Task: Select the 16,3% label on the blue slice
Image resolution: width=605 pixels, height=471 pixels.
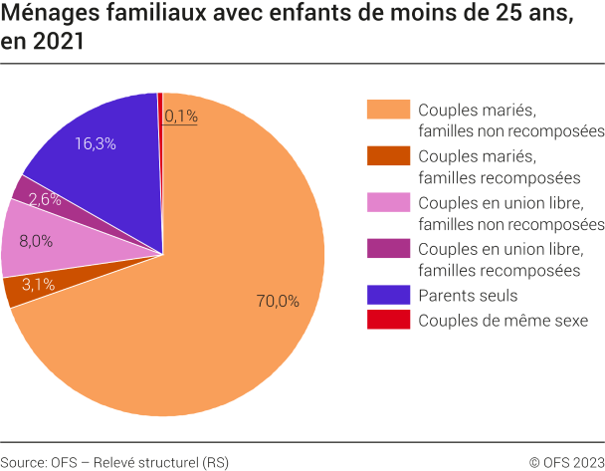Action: tap(96, 143)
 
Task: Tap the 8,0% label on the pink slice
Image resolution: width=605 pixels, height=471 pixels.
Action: tap(36, 240)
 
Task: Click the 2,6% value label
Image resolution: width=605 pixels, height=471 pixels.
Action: tap(45, 199)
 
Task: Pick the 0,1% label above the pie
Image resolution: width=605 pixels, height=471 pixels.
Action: tap(181, 117)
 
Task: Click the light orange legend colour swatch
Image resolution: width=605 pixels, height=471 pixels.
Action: tap(386, 110)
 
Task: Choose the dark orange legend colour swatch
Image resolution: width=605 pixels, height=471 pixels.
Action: tap(386, 156)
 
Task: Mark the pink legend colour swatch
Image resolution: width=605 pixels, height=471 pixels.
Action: tap(386, 202)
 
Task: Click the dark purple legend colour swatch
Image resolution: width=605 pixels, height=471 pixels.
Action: tap(386, 248)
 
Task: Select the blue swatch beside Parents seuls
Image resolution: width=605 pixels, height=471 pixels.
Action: tap(386, 295)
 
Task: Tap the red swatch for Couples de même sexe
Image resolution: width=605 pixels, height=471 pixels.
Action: tap(386, 320)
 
